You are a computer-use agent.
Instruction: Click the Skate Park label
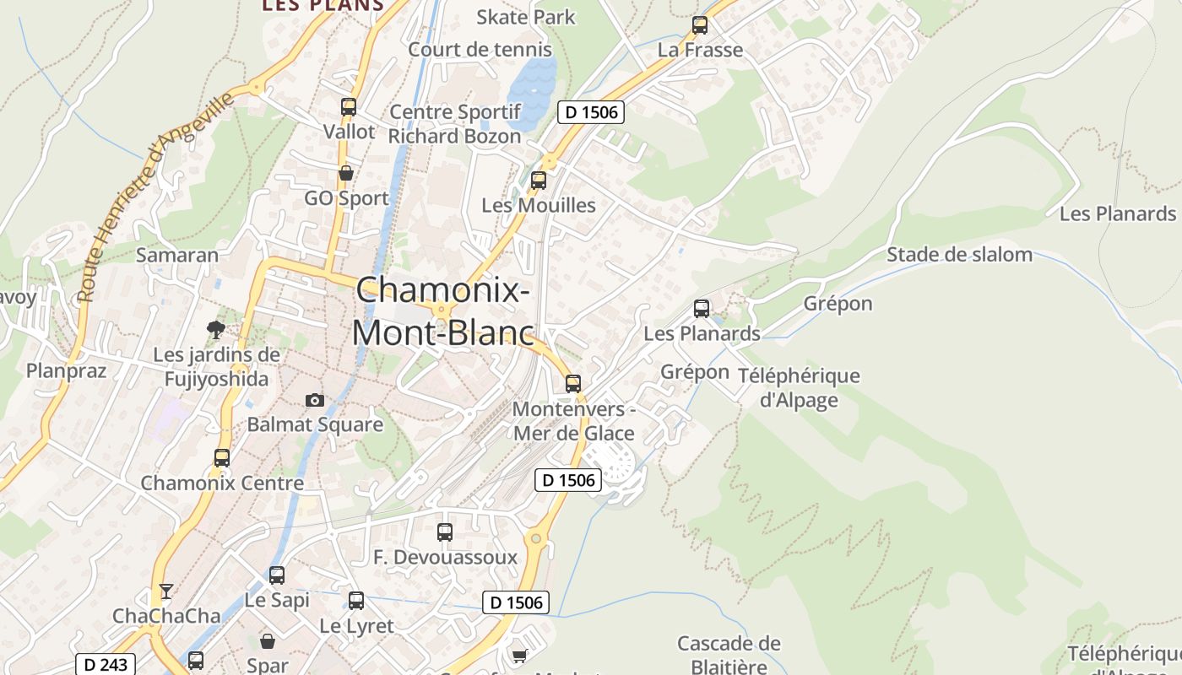click(x=525, y=17)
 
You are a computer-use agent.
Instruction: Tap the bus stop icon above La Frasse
click(x=700, y=25)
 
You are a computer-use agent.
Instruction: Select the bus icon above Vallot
click(x=349, y=107)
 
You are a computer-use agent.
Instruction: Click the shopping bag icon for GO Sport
click(x=346, y=174)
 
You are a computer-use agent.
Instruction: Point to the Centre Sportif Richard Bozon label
click(x=455, y=124)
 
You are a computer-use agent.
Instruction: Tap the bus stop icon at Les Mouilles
click(x=539, y=180)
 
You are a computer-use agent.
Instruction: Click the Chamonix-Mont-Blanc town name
click(x=443, y=311)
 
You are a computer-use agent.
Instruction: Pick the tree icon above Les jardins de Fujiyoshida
click(x=216, y=329)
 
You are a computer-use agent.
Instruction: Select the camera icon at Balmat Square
click(x=315, y=400)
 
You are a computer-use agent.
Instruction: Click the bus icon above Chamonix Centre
click(x=222, y=458)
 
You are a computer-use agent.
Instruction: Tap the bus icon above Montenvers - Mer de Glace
click(x=573, y=384)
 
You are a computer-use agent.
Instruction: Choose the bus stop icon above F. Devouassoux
click(x=445, y=532)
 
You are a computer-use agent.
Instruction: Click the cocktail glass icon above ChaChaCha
click(x=166, y=591)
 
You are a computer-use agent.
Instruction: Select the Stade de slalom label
click(x=959, y=254)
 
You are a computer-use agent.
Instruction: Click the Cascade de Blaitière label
click(x=729, y=655)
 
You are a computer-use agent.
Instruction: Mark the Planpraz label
click(x=66, y=370)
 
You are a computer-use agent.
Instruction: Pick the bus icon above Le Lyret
click(x=356, y=601)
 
